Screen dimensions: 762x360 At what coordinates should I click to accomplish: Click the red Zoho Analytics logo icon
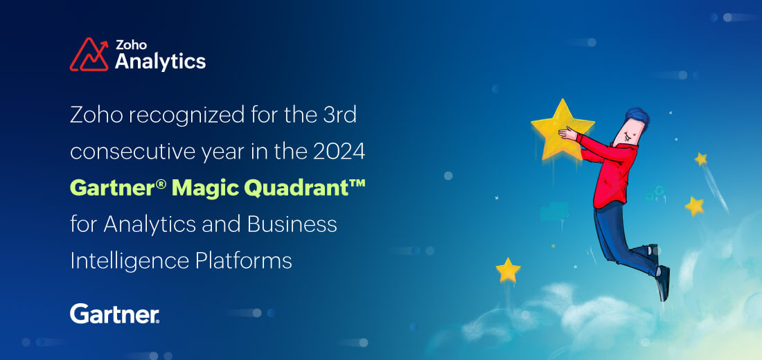tap(89, 55)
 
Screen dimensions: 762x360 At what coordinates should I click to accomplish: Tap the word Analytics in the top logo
tap(161, 62)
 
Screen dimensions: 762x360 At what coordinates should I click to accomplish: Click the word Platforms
tap(243, 261)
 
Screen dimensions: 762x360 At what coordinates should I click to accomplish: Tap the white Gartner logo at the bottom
tap(115, 314)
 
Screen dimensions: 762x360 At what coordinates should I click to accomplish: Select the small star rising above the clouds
tap(508, 270)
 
